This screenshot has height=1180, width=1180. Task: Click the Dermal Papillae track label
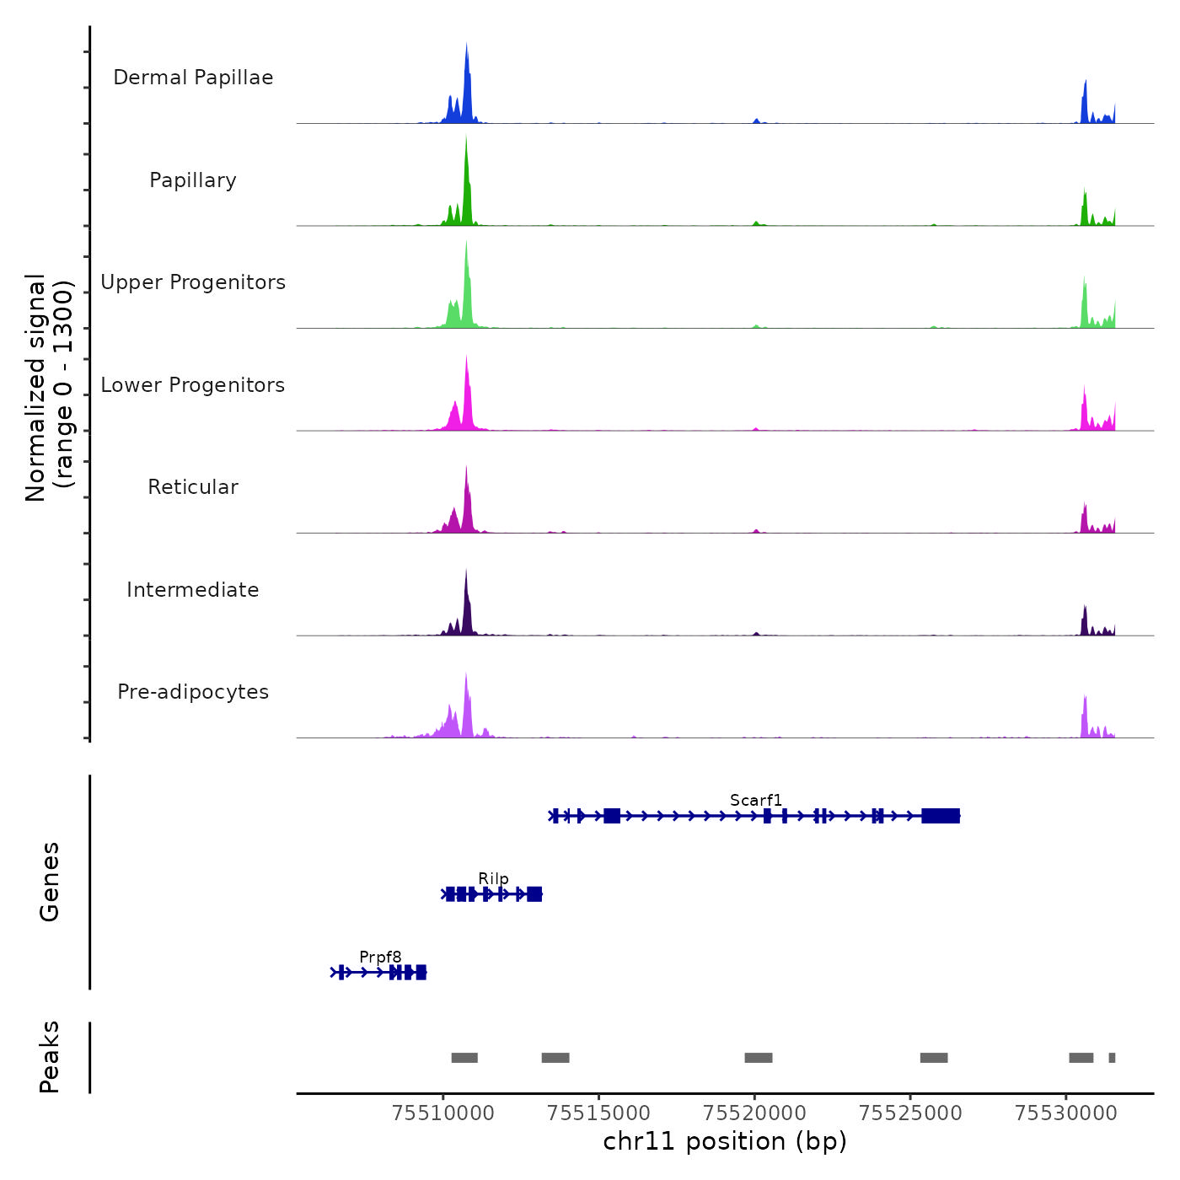coord(193,78)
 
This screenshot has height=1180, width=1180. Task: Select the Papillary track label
coord(193,180)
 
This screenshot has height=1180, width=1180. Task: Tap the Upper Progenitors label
coord(193,282)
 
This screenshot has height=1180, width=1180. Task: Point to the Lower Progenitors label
coord(193,385)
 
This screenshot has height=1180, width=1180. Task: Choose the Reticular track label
coord(193,487)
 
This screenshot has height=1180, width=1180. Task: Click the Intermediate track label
coord(193,590)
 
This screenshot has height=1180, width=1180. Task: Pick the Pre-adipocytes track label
coord(193,692)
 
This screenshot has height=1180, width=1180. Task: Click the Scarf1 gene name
coord(756,800)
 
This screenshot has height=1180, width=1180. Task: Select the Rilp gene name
coord(493,878)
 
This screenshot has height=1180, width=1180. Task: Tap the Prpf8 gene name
coord(380,957)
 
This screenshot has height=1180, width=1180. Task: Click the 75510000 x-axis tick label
coord(443,1113)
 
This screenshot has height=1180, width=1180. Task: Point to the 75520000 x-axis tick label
coord(754,1113)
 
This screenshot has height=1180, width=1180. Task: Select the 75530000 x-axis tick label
coord(1066,1113)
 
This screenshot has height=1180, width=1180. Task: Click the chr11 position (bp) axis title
coord(725,1141)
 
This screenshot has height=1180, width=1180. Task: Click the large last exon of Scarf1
coord(941,815)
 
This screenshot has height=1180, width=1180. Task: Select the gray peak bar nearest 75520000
coord(759,1058)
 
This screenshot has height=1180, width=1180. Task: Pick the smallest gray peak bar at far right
coord(1112,1058)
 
